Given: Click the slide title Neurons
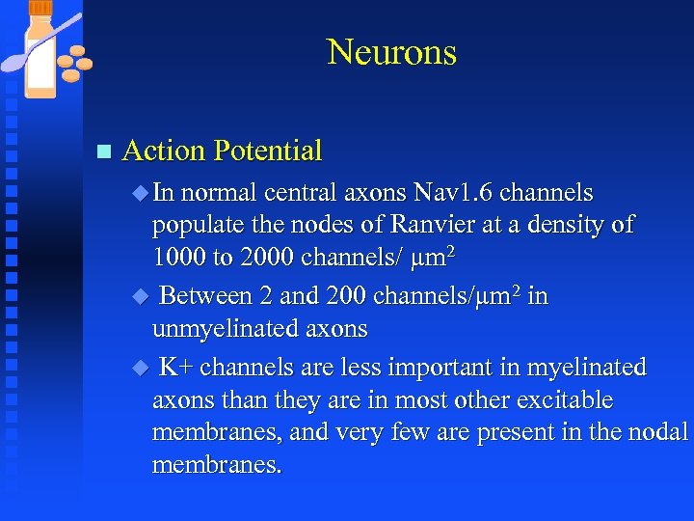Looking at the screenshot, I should [391, 52].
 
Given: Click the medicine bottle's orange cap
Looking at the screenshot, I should [40, 7].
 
